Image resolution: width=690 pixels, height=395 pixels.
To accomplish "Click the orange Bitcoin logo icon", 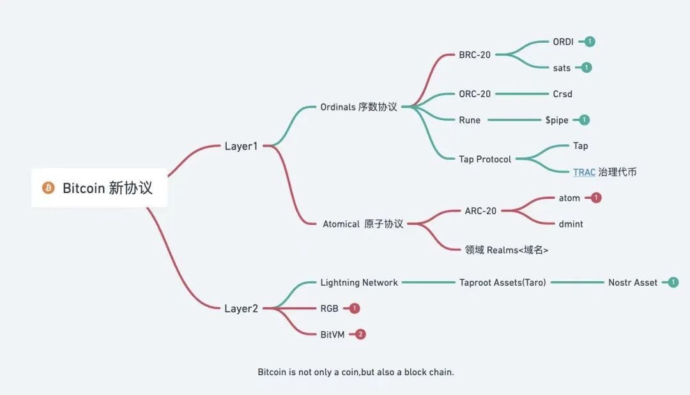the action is (x=49, y=187).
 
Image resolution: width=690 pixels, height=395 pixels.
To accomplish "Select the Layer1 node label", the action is (x=241, y=146).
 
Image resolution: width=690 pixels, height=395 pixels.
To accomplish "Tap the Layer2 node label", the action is (x=241, y=309).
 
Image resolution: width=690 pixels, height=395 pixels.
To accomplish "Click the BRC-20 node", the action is (x=474, y=54).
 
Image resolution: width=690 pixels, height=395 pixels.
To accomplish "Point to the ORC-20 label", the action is (x=474, y=94).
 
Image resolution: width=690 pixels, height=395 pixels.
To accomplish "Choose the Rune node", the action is (x=470, y=120).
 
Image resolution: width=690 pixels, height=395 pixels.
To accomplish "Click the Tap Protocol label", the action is (x=485, y=159).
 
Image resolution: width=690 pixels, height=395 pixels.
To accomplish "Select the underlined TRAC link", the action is (x=584, y=172).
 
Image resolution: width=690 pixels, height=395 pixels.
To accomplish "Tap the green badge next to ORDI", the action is (x=590, y=42).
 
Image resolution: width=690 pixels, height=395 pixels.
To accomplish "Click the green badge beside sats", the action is (x=586, y=67).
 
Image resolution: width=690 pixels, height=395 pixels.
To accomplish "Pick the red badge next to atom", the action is (x=596, y=197).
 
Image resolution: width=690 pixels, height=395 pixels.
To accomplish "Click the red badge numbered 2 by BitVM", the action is (x=360, y=334).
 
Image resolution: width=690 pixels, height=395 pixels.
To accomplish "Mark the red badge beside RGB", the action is (x=354, y=308).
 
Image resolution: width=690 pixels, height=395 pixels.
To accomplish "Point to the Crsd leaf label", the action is (x=562, y=94).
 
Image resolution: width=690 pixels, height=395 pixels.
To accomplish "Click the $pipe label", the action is (x=556, y=120).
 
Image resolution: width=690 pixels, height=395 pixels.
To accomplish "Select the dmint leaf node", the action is (x=571, y=224).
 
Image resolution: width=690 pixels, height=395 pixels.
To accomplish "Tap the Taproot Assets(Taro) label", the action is (x=503, y=283).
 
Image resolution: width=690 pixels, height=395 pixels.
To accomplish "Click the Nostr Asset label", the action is (x=632, y=283).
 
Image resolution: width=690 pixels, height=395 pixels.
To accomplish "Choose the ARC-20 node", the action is (x=480, y=211).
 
